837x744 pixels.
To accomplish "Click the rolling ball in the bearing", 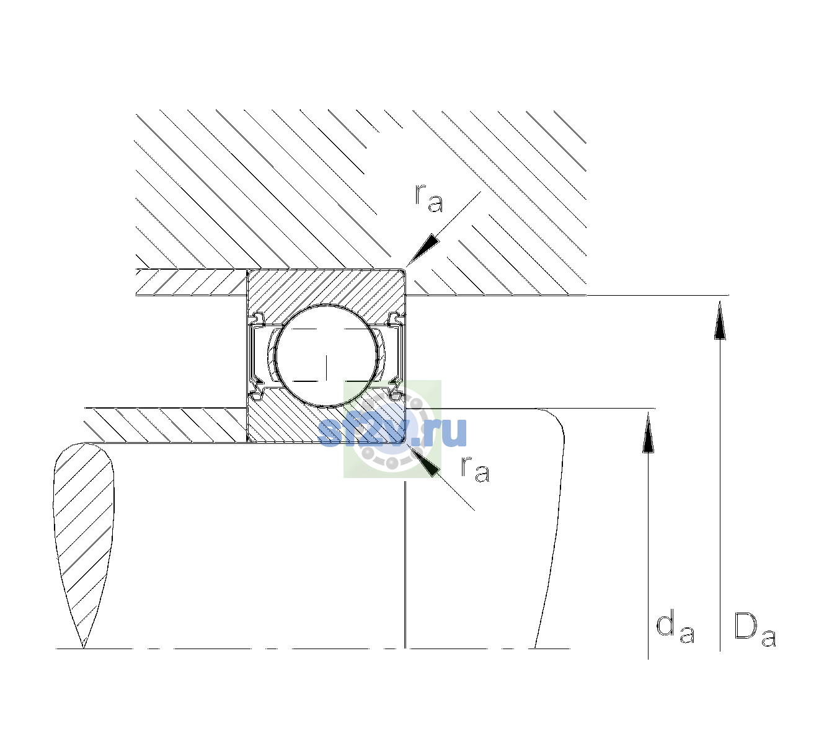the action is coord(326,356).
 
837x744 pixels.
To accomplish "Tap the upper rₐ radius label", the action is coord(429,198).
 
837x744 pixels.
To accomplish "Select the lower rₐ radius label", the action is coord(475,469).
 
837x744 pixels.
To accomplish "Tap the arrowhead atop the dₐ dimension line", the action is coord(648,432).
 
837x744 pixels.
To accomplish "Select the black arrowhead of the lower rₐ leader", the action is coord(423,461).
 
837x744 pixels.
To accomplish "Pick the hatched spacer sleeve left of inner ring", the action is coord(166,425).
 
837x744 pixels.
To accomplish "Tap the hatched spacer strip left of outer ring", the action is coord(192,282).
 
